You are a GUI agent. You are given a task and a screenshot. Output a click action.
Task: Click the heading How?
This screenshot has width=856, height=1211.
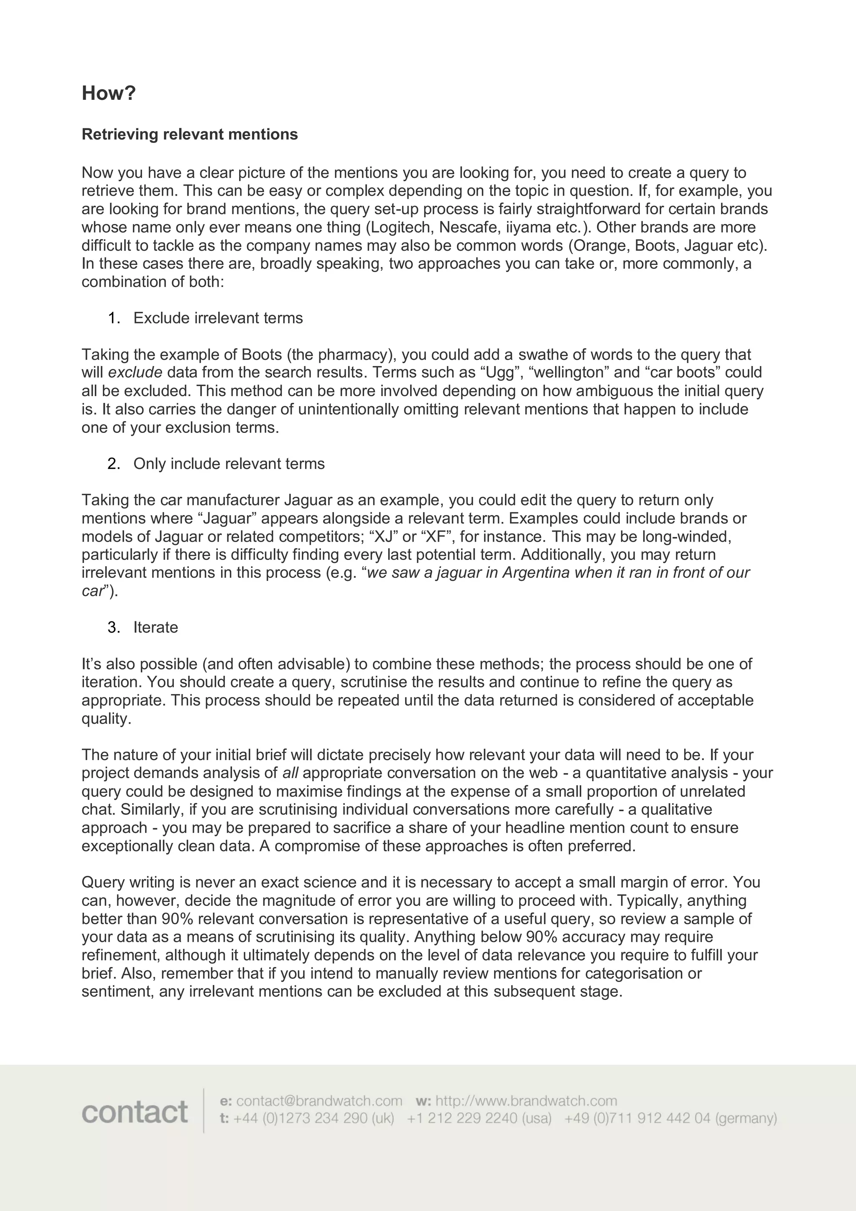(x=109, y=93)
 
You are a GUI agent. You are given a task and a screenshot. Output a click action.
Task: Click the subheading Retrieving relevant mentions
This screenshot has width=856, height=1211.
(x=189, y=135)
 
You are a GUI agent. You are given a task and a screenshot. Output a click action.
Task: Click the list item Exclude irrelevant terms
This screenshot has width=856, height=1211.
(x=218, y=318)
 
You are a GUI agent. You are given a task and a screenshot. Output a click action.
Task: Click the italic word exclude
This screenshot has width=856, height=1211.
(x=135, y=372)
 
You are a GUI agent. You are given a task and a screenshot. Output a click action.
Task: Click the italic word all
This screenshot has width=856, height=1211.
(x=290, y=773)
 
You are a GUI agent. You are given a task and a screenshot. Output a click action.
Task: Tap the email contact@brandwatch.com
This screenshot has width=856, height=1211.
(x=319, y=1101)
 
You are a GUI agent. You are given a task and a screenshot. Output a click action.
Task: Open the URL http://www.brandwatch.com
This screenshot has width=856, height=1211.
(x=526, y=1101)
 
